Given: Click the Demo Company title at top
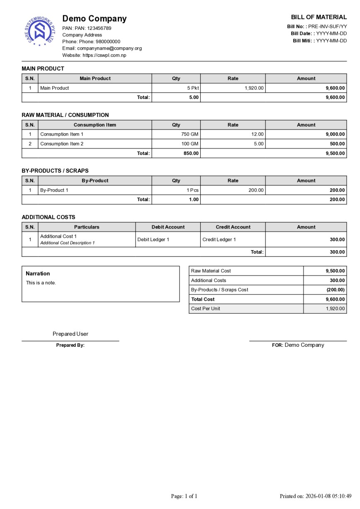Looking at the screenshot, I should pyautogui.click(x=95, y=19).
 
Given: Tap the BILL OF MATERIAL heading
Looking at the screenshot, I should pyautogui.click(x=319, y=17).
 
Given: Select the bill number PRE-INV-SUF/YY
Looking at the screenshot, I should pyautogui.click(x=327, y=26).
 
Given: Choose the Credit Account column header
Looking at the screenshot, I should pyautogui.click(x=233, y=227).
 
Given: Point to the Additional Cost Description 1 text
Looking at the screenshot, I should pyautogui.click(x=67, y=243).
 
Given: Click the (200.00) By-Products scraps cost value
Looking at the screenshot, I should pyautogui.click(x=335, y=290).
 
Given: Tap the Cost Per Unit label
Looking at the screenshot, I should pyautogui.click(x=205, y=309).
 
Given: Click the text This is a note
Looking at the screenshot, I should pyautogui.click(x=41, y=283).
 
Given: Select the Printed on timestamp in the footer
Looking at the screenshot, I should pyautogui.click(x=315, y=496).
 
